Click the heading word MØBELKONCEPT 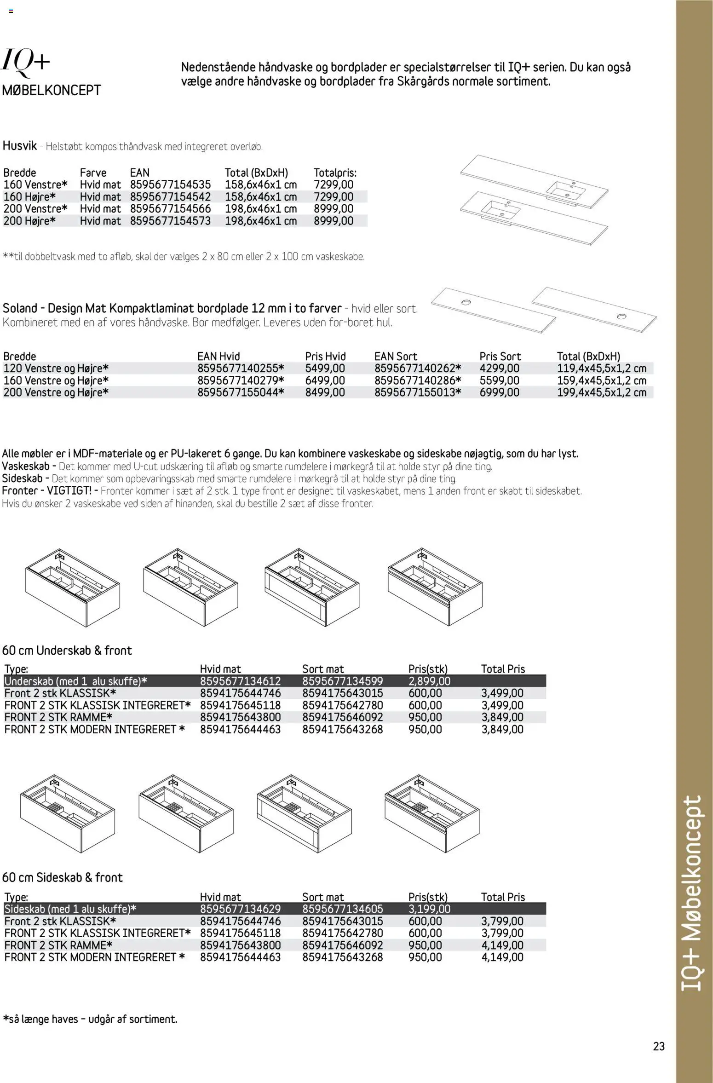coord(52,90)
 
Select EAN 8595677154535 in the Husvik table coord(170,184)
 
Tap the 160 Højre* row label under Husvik coord(30,197)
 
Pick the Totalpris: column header coord(335,173)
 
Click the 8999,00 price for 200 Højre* coord(333,221)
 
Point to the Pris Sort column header coord(500,357)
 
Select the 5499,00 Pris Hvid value coord(325,369)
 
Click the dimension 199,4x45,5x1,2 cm coord(602,392)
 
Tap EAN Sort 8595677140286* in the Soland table coord(418,380)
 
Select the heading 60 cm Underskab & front coord(67,651)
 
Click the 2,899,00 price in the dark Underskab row coord(429,681)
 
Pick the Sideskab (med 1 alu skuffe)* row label coord(70,909)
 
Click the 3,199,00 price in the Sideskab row coord(429,909)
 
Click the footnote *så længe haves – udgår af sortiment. coord(90,1019)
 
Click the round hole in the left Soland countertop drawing coord(466,302)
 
